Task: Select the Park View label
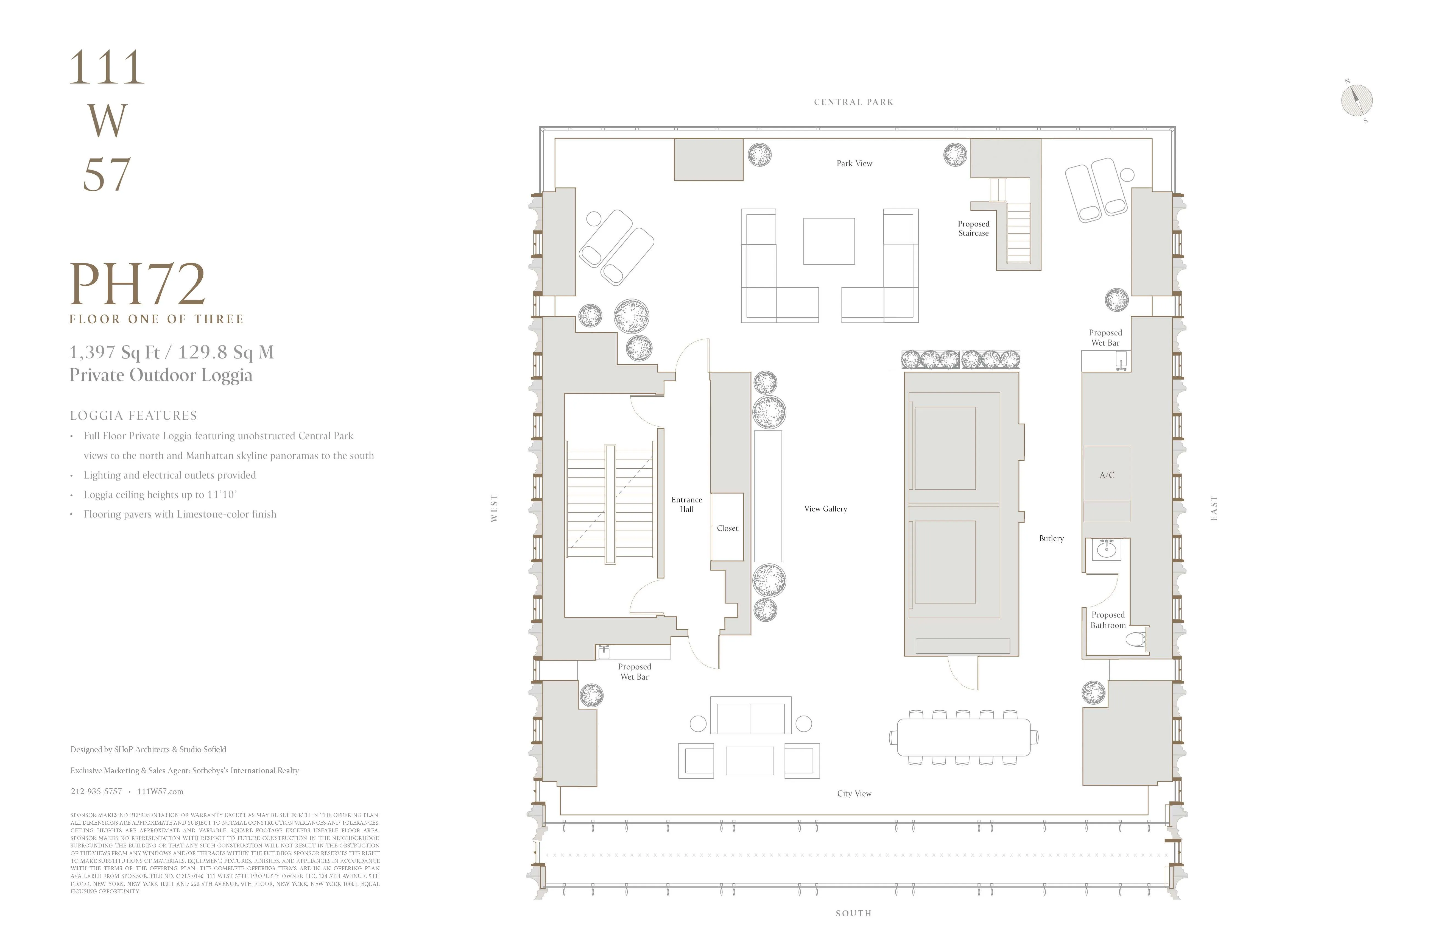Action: [854, 163]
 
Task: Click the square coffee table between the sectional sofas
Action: [828, 241]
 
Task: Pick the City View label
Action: [854, 794]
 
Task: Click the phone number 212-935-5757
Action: [96, 791]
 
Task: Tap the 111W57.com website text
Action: [160, 791]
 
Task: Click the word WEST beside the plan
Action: [494, 508]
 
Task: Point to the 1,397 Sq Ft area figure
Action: [114, 352]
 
